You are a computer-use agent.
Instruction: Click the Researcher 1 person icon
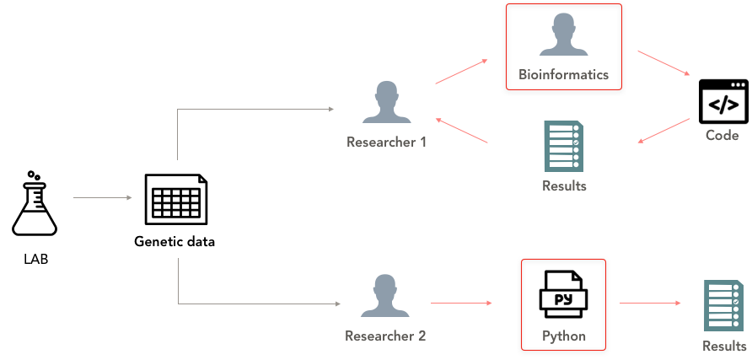(x=386, y=103)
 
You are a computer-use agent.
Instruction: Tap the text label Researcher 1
(x=386, y=142)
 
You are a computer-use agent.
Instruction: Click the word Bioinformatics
(x=563, y=75)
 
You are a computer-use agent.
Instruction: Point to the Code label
(x=722, y=136)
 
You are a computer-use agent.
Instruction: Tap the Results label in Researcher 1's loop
(x=564, y=186)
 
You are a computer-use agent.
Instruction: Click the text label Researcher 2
(x=385, y=336)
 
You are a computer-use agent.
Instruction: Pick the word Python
(x=563, y=336)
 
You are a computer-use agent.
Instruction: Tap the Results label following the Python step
(x=725, y=347)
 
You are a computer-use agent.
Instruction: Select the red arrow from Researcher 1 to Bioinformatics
(x=461, y=73)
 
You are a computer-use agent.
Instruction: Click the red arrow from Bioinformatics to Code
(x=664, y=63)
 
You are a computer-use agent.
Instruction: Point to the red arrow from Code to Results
(x=663, y=131)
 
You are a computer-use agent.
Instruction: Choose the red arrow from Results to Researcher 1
(x=462, y=130)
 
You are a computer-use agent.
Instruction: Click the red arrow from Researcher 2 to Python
(x=461, y=302)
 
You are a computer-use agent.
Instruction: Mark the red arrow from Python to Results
(x=650, y=303)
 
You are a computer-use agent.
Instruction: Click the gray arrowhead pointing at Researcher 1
(x=331, y=109)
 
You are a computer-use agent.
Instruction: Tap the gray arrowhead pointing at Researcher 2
(x=337, y=303)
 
